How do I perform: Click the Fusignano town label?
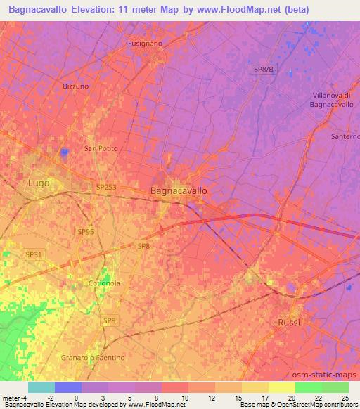[x=145, y=44]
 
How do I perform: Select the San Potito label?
[x=101, y=149]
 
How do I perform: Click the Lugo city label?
[x=38, y=183]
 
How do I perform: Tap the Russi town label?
[x=288, y=322]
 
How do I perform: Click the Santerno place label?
[x=345, y=136]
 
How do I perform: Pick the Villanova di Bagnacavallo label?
[x=335, y=100]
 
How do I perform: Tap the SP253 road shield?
[x=106, y=187]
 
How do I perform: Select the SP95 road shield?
[x=86, y=231]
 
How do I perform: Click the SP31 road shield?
[x=32, y=254]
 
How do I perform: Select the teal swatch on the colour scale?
[x=41, y=387]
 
